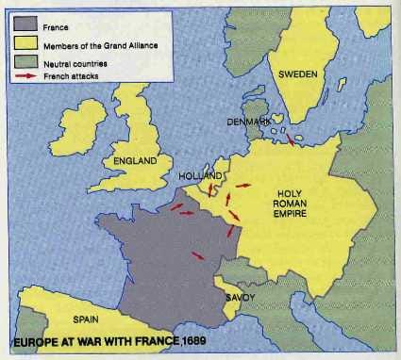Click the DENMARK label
[249, 123]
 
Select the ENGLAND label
[135, 161]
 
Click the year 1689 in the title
[191, 339]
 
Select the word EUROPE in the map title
[41, 339]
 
